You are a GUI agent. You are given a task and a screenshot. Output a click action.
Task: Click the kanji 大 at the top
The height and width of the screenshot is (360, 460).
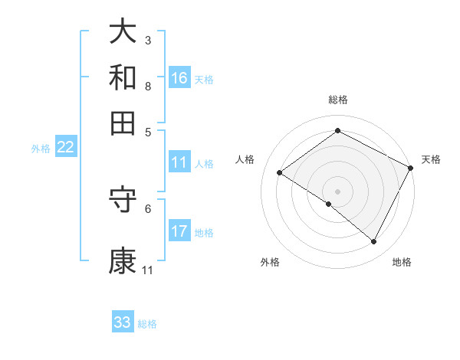[123, 32]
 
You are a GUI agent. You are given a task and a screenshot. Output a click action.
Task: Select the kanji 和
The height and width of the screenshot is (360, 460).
[123, 77]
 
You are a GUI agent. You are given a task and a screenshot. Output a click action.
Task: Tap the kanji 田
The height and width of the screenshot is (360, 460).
[123, 123]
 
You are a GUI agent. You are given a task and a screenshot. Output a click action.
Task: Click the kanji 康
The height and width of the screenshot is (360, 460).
[123, 261]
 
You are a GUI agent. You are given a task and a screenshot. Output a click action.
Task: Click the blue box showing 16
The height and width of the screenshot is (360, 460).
[179, 78]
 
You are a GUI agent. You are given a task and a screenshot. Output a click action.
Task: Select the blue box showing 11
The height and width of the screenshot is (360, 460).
[179, 162]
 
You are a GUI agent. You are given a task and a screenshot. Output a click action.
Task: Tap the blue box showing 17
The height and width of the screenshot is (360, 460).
[179, 231]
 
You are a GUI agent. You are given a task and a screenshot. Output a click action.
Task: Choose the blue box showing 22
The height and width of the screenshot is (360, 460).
[65, 148]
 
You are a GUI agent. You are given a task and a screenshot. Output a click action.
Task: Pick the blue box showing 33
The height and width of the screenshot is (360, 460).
[123, 322]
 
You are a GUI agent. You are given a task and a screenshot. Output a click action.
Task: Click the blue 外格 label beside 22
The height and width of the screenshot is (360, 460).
[41, 149]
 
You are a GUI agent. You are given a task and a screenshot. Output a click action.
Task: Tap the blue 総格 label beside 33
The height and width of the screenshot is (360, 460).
[147, 324]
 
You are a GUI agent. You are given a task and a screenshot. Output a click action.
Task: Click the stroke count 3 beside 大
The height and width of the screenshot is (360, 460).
[148, 40]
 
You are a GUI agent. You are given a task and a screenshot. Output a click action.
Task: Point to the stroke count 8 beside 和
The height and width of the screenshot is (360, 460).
[148, 86]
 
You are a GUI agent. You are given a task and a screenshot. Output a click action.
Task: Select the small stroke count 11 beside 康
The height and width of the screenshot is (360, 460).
[147, 270]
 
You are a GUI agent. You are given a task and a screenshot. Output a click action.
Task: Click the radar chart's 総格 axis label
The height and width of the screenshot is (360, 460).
[337, 100]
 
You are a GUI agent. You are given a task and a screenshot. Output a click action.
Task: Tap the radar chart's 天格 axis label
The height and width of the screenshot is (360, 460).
[431, 159]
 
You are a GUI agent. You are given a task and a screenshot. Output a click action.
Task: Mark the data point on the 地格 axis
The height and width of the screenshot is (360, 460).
[374, 242]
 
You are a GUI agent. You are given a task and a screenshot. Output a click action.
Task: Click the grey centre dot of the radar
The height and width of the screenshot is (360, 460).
[337, 191]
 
